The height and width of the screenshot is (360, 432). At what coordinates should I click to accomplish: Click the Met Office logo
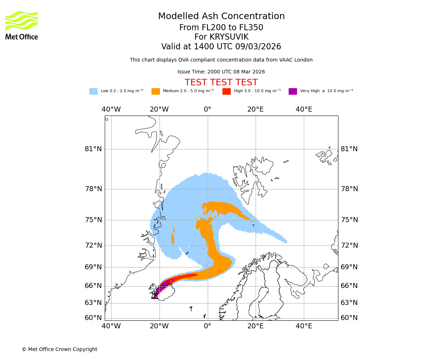[x=22, y=25]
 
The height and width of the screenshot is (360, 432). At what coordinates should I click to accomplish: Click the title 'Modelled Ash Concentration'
[x=221, y=16]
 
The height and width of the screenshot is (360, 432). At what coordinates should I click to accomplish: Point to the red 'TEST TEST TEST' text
[x=221, y=82]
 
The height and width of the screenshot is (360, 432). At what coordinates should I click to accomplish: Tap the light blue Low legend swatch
[x=93, y=91]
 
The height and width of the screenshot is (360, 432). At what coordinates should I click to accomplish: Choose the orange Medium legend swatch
[x=156, y=91]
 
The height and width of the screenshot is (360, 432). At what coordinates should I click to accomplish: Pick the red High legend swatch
[x=226, y=91]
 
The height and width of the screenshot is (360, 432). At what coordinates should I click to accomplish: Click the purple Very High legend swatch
[x=293, y=91]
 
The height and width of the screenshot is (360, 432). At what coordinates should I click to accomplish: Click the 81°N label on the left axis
[x=93, y=149]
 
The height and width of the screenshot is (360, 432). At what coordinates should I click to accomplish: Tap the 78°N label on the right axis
[x=349, y=189]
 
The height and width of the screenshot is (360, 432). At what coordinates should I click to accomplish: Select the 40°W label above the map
[x=111, y=109]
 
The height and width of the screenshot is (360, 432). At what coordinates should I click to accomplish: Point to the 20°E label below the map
[x=256, y=326]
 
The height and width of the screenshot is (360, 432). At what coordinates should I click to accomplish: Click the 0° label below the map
[x=207, y=326]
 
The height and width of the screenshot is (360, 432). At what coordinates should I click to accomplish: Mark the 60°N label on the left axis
[x=93, y=318]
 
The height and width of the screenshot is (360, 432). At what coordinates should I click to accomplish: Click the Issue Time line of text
[x=221, y=72]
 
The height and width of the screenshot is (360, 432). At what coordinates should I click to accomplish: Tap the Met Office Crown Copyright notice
[x=59, y=349]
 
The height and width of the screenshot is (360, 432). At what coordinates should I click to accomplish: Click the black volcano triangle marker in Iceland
[x=155, y=297]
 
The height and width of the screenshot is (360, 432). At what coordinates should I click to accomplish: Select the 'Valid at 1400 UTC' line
[x=221, y=47]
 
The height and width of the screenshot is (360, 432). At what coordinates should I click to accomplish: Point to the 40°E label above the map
[x=304, y=109]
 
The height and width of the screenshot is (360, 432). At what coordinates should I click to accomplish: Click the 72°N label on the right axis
[x=349, y=246]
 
